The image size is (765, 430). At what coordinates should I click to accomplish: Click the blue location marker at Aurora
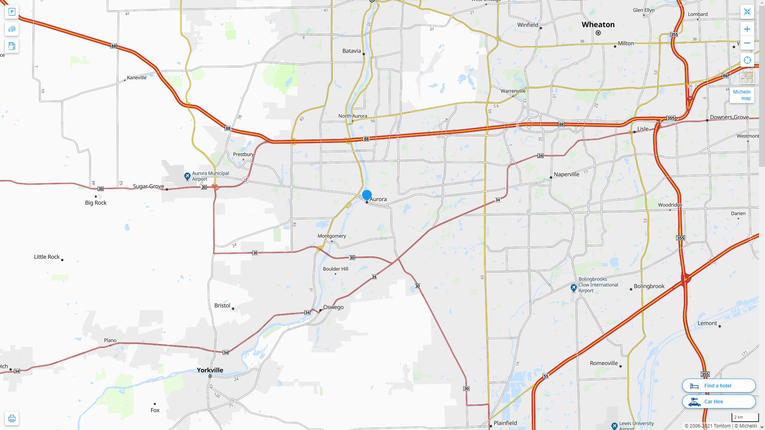[367, 195]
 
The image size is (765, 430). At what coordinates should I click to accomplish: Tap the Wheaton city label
[598, 25]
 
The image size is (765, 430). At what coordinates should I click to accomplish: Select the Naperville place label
[566, 174]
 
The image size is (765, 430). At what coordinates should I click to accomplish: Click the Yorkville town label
[210, 370]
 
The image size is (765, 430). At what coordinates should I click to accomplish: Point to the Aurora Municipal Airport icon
[187, 176]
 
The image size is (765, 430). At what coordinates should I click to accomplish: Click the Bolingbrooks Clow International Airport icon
[573, 287]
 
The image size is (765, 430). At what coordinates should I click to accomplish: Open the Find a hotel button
[718, 385]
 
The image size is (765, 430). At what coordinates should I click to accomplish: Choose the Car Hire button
[718, 401]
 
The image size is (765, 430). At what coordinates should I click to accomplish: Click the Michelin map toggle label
[741, 95]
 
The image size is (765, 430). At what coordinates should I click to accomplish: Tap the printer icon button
[12, 418]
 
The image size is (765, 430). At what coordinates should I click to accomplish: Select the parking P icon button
[12, 12]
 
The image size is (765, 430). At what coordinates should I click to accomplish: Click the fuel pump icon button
[12, 46]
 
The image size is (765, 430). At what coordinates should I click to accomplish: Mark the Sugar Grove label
[148, 186]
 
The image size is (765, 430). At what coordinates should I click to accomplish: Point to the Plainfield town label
[505, 423]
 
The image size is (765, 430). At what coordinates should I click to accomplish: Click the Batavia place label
[351, 51]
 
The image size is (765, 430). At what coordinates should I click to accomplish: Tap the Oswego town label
[333, 307]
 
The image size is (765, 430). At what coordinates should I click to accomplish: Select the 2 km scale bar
[745, 417]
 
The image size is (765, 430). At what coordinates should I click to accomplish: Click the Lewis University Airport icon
[614, 426]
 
